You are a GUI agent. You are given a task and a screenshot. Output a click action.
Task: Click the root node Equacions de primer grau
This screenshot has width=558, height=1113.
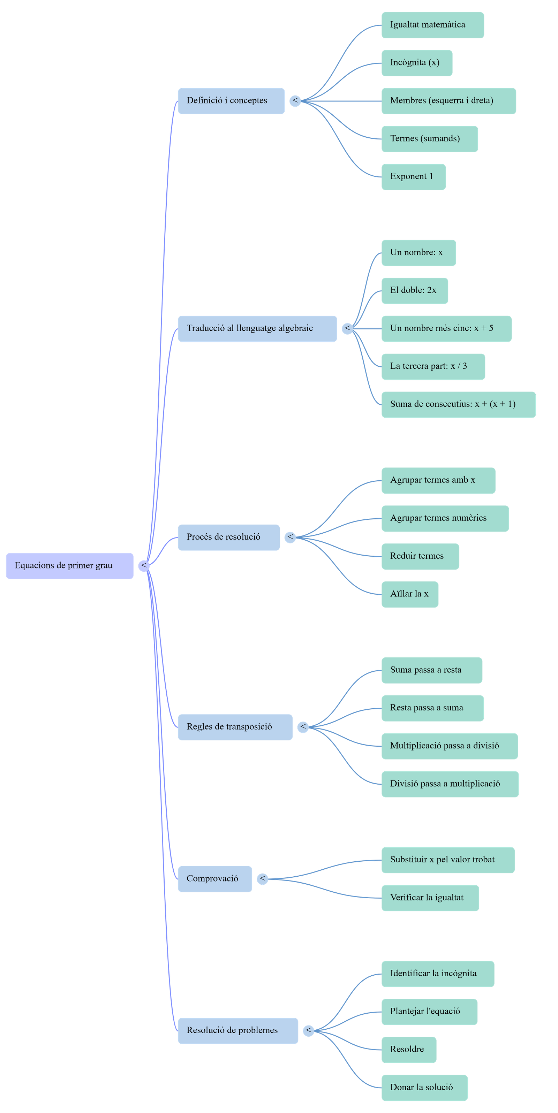pyautogui.click(x=70, y=566)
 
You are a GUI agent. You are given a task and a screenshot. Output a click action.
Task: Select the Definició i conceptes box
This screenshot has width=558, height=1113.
pyautogui.click(x=231, y=101)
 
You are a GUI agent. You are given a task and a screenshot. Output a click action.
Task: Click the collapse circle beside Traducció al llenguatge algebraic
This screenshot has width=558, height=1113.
pyautogui.click(x=347, y=328)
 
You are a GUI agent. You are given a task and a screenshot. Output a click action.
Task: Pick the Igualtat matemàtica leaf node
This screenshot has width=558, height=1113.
pyautogui.click(x=433, y=25)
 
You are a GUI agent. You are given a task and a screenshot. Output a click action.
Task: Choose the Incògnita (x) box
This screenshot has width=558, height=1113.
pyautogui.click(x=417, y=63)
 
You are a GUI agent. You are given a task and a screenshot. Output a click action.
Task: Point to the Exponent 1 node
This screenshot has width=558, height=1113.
pyautogui.click(x=413, y=177)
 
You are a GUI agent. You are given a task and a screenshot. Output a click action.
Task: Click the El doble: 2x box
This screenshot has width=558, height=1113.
pyautogui.click(x=415, y=291)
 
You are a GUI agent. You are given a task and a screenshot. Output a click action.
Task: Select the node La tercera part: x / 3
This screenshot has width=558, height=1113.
pyautogui.click(x=433, y=366)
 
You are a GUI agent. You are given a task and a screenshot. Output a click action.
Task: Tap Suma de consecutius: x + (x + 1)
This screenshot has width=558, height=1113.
pyautogui.click(x=458, y=404)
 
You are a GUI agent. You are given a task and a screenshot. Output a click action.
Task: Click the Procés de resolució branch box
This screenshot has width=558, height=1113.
pyautogui.click(x=229, y=537)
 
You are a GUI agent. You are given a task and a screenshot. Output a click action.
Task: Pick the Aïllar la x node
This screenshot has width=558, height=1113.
pyautogui.click(x=410, y=594)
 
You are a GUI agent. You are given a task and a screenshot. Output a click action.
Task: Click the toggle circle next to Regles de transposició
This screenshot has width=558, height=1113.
pyautogui.click(x=303, y=727)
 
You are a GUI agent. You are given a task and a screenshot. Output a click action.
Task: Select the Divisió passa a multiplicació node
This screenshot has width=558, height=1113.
pyautogui.click(x=450, y=784)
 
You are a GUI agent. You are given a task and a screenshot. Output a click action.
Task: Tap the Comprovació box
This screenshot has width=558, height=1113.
pyautogui.click(x=215, y=878)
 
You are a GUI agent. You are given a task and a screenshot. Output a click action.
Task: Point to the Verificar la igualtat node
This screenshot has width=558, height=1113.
pyautogui.click(x=430, y=898)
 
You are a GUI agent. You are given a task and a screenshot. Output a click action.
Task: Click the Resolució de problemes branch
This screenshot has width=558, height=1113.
pyautogui.click(x=238, y=1030)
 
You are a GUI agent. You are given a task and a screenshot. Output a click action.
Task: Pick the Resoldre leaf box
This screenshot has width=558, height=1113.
pyautogui.click(x=408, y=1050)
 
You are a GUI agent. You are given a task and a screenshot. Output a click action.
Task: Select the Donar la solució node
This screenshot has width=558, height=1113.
pyautogui.click(x=424, y=1088)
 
